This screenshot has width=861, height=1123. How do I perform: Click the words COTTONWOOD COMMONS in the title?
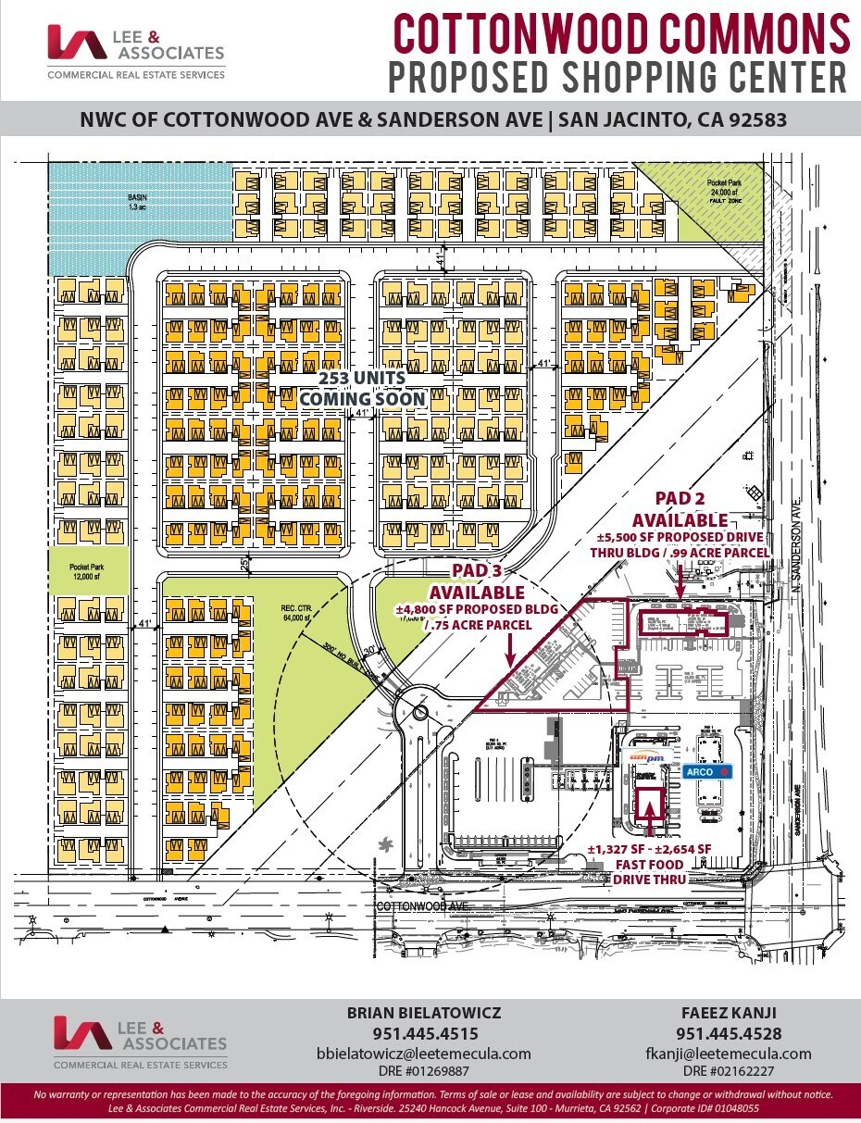(621, 33)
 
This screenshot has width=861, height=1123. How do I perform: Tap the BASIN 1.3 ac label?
(137, 201)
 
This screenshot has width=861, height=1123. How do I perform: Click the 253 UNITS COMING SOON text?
(362, 389)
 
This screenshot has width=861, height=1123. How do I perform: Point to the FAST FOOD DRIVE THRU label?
(649, 871)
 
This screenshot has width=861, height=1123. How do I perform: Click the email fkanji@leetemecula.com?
(728, 1054)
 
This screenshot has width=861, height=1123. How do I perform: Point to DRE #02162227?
(729, 1071)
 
